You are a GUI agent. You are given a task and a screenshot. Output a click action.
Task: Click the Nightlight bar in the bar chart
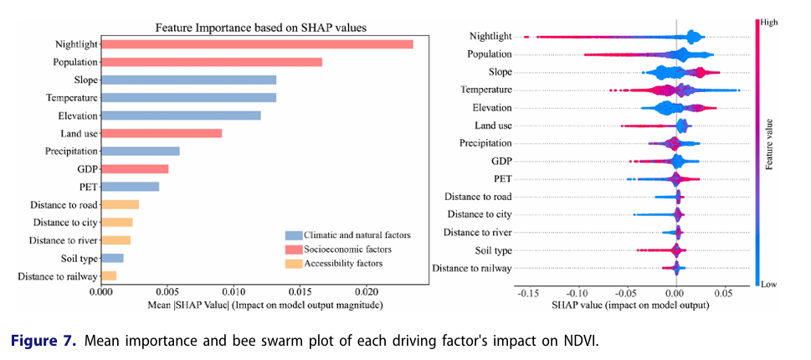point(256,44)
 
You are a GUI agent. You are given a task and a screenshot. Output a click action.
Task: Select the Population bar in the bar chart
point(211,62)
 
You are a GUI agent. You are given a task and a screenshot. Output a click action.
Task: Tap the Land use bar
point(161,133)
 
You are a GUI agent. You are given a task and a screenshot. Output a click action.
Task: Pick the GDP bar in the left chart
point(134,169)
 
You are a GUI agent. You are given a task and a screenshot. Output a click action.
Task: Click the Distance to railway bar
point(108,276)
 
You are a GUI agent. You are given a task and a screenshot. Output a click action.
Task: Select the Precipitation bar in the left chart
point(140,152)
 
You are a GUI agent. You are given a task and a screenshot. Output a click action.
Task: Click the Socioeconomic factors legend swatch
point(292,249)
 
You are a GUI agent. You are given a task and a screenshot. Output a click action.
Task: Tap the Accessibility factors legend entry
point(344,263)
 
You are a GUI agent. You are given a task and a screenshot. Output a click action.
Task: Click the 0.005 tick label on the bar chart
point(167,293)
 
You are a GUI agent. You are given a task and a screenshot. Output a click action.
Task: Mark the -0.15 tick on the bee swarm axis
point(527,295)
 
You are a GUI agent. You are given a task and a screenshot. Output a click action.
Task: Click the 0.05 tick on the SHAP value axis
point(724,295)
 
